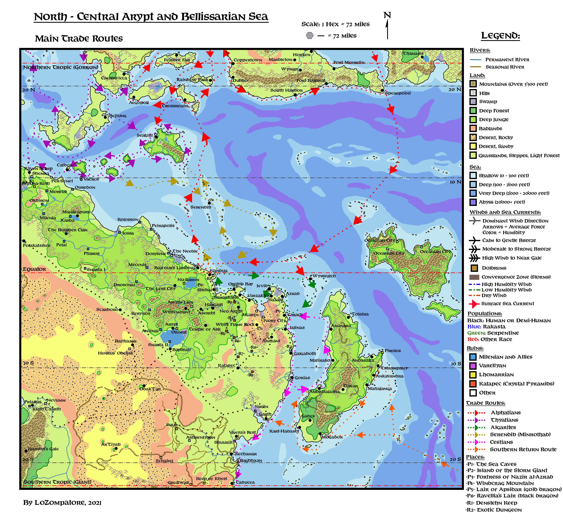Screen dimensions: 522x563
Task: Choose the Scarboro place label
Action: coord(107,309)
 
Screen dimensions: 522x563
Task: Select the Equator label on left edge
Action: coord(34,269)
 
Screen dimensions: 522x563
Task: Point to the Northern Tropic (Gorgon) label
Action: coord(60,67)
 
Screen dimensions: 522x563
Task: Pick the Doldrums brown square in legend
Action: coord(474,268)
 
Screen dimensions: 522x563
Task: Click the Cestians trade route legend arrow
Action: coord(477,442)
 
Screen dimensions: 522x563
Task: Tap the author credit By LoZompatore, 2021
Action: coord(62,503)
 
